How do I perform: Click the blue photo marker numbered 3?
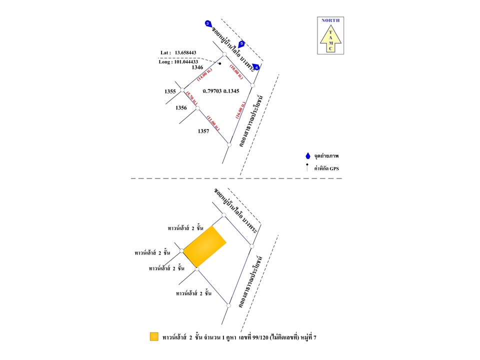(208, 23)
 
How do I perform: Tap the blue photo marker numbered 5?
(241, 44)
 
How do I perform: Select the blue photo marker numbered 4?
(256, 66)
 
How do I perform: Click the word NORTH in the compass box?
(330, 20)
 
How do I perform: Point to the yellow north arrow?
(330, 39)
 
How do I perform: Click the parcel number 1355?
(170, 91)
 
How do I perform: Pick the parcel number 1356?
(181, 107)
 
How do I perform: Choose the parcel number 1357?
(203, 131)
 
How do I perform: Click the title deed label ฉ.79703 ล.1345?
(221, 91)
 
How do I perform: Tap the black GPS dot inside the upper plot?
(219, 63)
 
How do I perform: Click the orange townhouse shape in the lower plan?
(204, 246)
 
